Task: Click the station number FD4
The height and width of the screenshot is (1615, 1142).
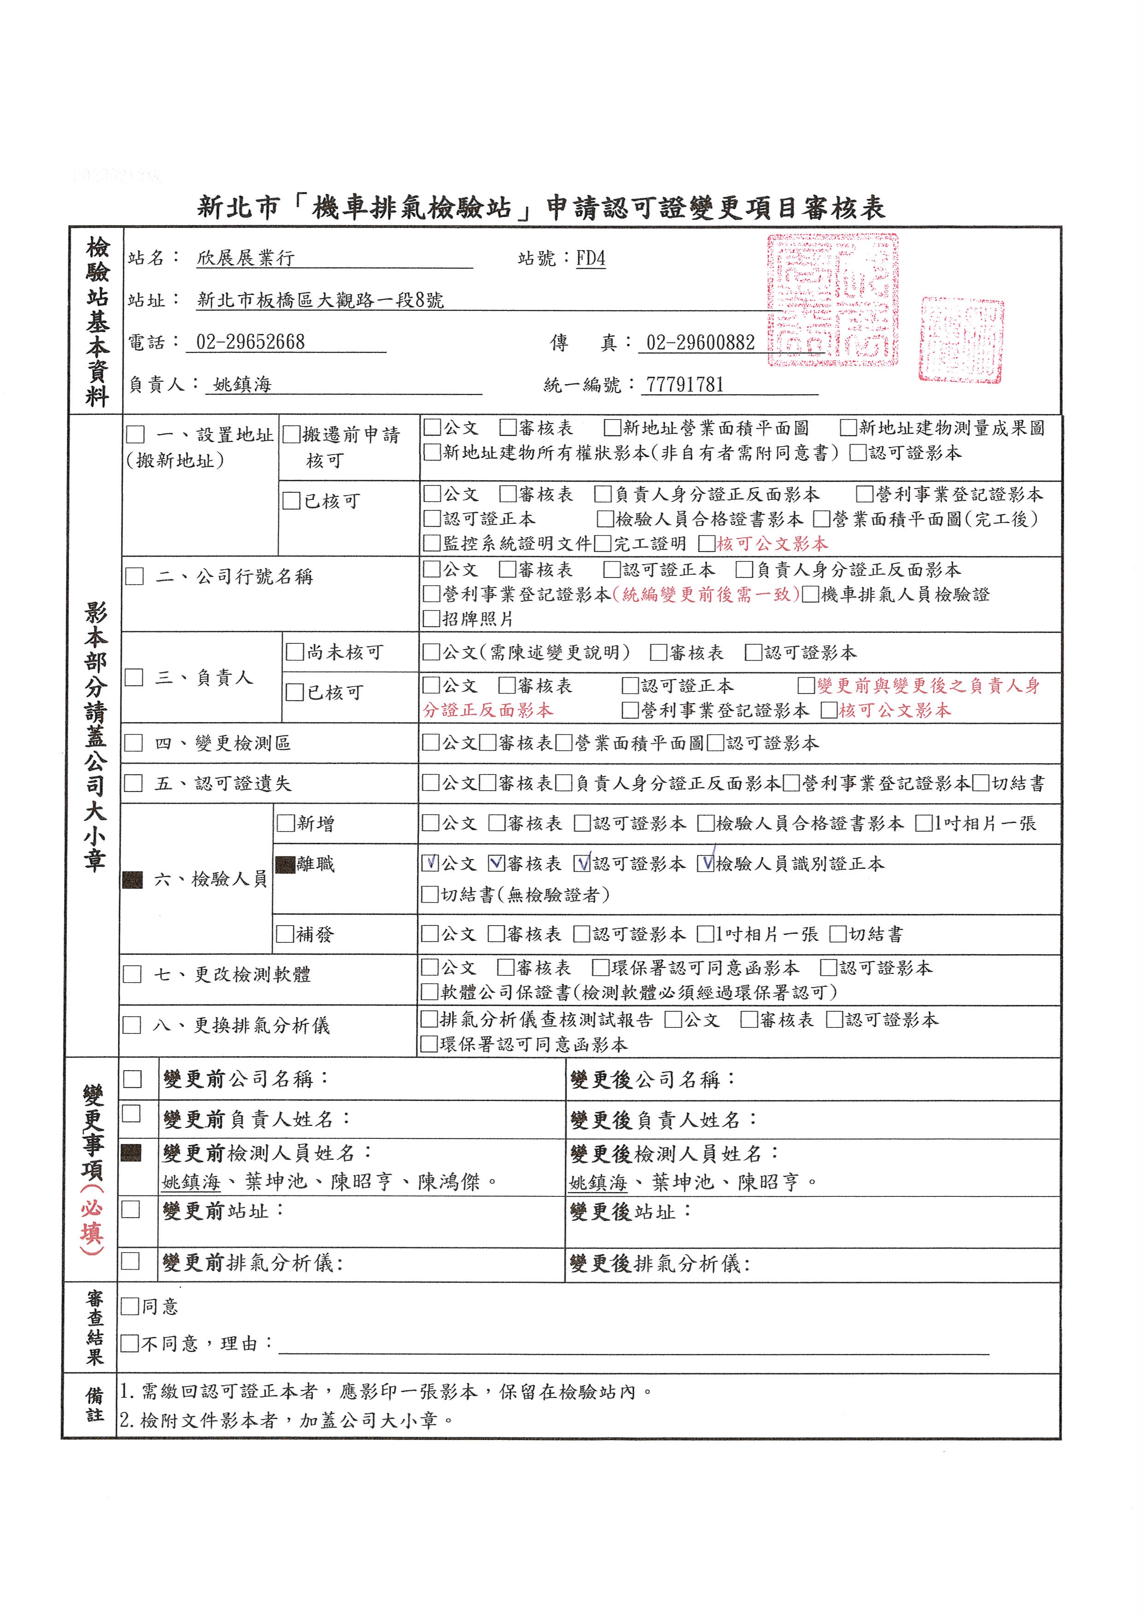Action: (x=591, y=258)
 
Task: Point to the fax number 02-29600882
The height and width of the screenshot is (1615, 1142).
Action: (x=700, y=343)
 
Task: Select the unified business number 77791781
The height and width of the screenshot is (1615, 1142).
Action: (x=685, y=385)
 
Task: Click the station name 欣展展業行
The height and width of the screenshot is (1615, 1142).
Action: (x=245, y=258)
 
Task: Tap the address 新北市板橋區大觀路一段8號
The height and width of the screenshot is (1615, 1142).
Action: (x=320, y=300)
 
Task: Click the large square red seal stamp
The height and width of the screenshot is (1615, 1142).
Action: (x=833, y=300)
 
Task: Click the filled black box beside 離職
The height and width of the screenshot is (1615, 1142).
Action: (x=285, y=864)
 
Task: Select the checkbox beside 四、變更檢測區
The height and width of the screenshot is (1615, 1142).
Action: (x=133, y=743)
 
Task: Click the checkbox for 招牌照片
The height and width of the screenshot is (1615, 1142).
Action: (x=431, y=619)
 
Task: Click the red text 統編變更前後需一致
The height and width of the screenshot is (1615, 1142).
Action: (x=706, y=595)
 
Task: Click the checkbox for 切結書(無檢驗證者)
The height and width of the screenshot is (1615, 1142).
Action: (x=429, y=895)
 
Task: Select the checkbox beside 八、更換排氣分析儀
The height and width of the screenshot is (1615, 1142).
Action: (x=132, y=1025)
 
